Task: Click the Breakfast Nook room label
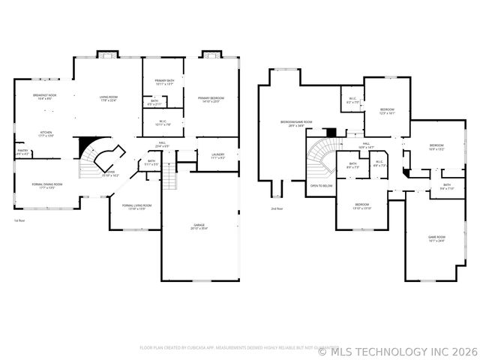(46, 95)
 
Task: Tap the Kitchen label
(46, 133)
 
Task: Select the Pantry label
(22, 151)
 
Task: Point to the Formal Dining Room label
(46, 184)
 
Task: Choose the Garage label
(199, 224)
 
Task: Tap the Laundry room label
(217, 155)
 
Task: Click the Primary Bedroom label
(214, 99)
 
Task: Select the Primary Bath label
(164, 81)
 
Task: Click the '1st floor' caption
(19, 221)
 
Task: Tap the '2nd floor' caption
(277, 208)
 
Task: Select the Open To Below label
(321, 185)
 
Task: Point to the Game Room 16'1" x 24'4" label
(436, 238)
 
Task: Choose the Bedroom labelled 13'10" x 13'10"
(361, 205)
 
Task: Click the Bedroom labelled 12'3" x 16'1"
(387, 110)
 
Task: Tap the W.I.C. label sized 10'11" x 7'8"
(164, 123)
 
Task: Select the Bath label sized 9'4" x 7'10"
(447, 186)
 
